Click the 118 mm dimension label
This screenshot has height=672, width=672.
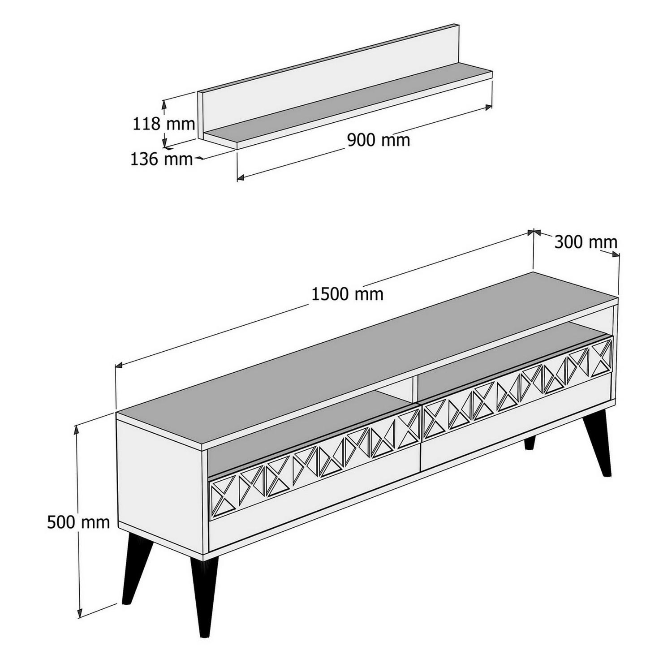[x=164, y=124]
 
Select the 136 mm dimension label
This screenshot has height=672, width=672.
[x=161, y=159]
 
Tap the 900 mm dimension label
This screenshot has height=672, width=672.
[x=379, y=140]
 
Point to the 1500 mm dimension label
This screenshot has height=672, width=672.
[x=347, y=294]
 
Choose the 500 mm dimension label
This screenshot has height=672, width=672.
[x=78, y=522]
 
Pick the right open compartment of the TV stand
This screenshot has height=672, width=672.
[x=506, y=354]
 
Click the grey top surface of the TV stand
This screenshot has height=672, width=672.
[x=358, y=354]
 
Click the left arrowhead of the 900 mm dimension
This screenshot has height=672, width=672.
[x=240, y=178]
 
